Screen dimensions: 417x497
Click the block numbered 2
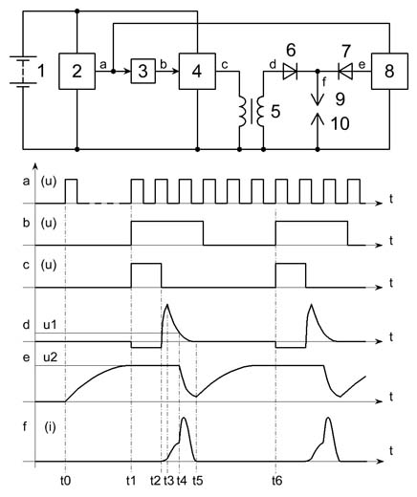point(77,71)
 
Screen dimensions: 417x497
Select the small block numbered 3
point(143,71)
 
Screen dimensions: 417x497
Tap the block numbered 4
point(197,71)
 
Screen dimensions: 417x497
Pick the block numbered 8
point(389,71)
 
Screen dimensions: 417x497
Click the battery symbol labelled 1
point(20,71)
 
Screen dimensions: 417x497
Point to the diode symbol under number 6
point(290,72)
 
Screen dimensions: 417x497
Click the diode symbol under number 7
point(345,72)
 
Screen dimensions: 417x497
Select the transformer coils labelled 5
point(252,112)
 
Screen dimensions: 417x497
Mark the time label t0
point(65,481)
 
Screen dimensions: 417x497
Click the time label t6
point(277,481)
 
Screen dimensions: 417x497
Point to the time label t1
point(131,481)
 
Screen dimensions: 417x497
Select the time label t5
point(197,481)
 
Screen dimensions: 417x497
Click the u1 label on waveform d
point(50,325)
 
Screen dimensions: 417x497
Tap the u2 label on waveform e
point(50,357)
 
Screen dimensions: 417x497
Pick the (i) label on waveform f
point(50,427)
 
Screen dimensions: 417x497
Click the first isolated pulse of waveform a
point(72,191)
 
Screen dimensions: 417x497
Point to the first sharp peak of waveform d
point(166,305)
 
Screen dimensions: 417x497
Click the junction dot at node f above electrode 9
point(318,72)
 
